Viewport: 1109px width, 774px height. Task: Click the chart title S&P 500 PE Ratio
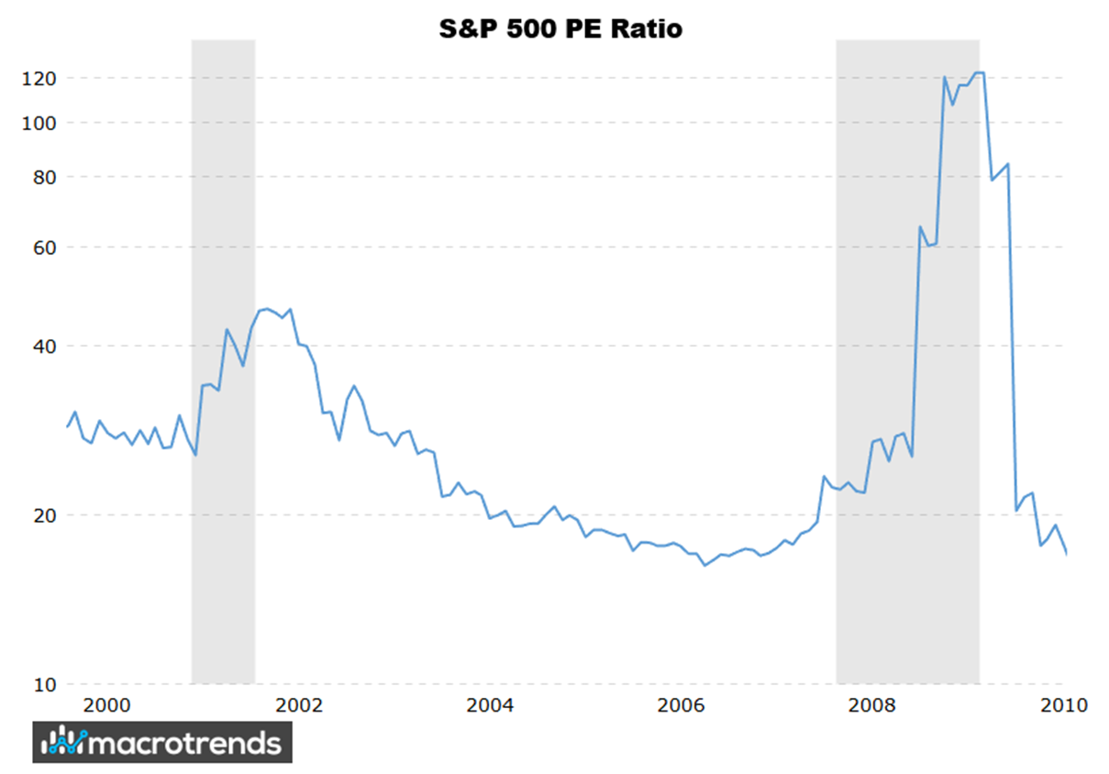click(560, 28)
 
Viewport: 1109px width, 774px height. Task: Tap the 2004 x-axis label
click(490, 706)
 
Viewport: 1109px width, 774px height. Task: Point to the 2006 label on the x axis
click(682, 706)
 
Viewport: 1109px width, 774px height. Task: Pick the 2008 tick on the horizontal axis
click(873, 706)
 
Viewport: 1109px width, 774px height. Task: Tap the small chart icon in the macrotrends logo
click(66, 741)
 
